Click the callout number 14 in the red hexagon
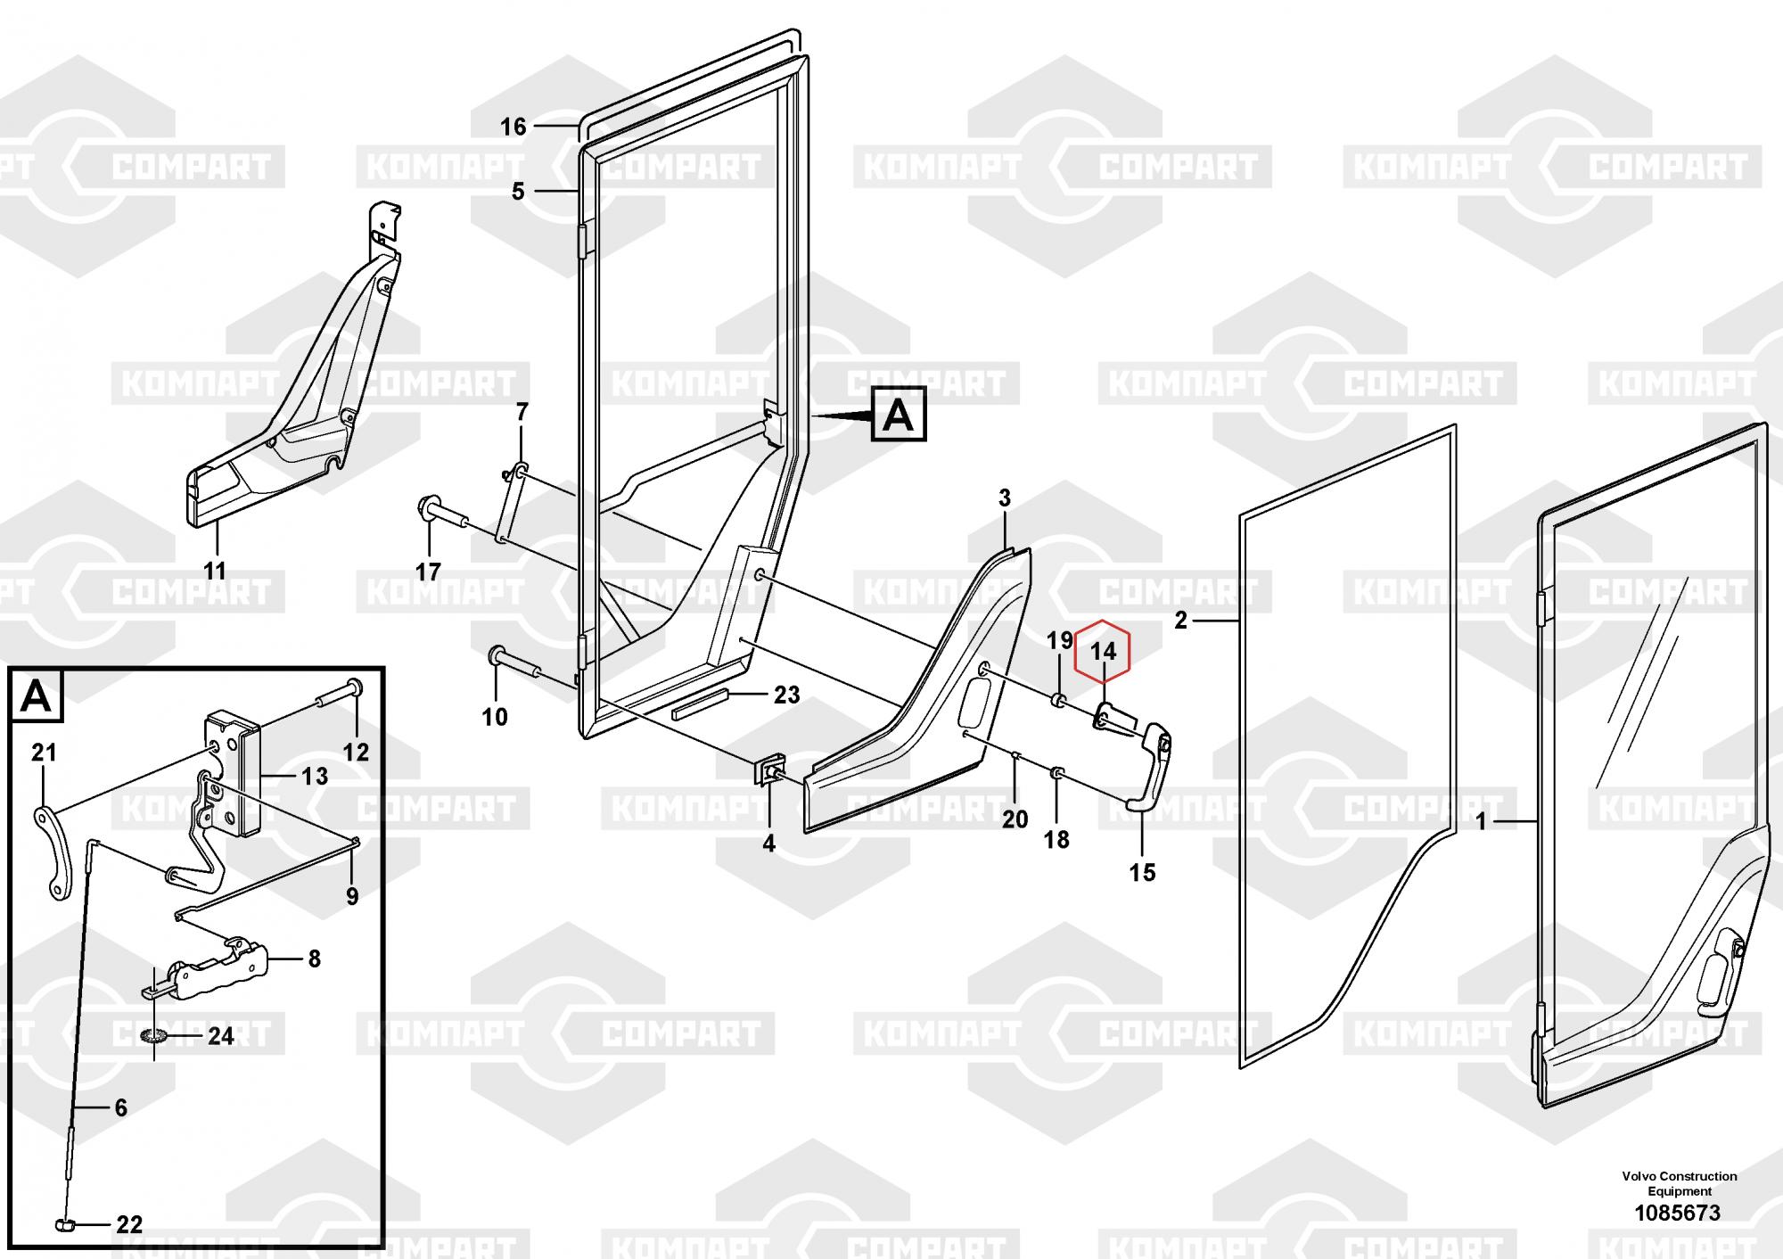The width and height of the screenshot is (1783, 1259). point(1103,652)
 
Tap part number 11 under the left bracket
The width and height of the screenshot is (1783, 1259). point(215,570)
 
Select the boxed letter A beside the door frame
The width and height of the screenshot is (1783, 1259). point(899,415)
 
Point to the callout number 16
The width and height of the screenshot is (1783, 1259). point(514,128)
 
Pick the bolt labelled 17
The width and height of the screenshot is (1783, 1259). point(443,513)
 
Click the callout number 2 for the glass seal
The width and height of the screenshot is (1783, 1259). point(1181,621)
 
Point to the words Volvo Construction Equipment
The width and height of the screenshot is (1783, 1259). point(1680,1184)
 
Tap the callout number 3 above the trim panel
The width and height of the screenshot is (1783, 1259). point(1005,498)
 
